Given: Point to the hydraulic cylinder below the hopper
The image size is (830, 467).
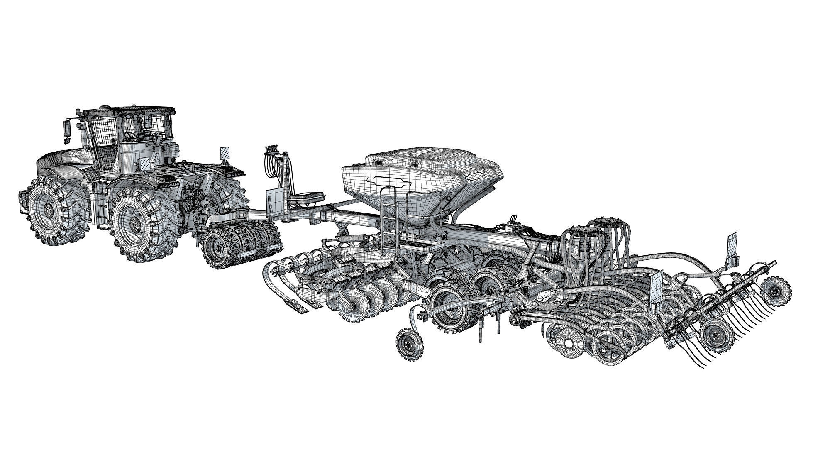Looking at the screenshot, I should pyautogui.click(x=353, y=240).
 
